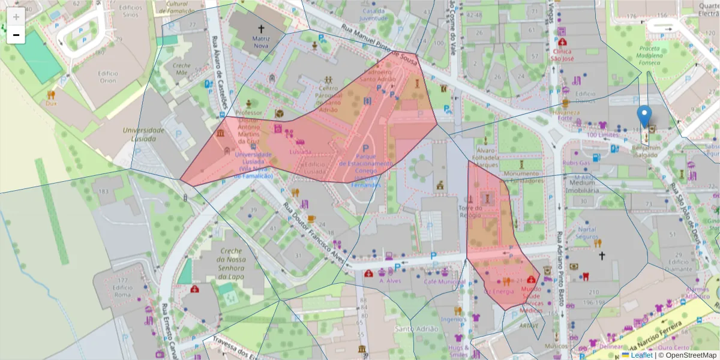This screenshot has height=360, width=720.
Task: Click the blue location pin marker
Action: point(644,116)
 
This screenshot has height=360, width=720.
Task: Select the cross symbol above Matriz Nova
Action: point(261,28)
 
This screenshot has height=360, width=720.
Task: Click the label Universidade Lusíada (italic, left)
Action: point(143,134)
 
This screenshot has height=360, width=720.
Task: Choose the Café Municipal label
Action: point(444,281)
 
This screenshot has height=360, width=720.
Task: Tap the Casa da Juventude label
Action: point(373,14)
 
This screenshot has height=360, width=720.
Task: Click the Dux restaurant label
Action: point(51,103)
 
